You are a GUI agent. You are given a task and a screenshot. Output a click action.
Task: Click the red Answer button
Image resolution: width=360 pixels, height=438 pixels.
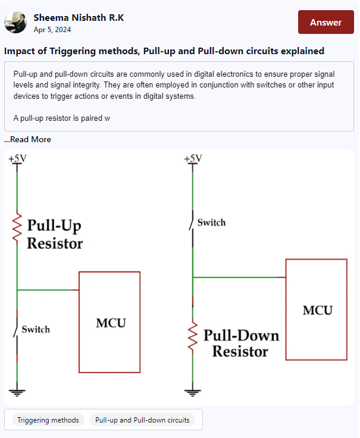(325, 23)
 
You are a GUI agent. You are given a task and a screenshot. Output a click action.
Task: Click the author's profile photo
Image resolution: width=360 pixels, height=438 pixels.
(15, 22)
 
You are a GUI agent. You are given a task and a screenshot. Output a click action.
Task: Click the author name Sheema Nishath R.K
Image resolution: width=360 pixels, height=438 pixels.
(79, 17)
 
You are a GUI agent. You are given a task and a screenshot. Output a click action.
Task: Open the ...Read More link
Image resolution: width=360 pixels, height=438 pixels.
(27, 139)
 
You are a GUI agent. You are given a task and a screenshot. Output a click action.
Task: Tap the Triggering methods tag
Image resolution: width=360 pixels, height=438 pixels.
(48, 420)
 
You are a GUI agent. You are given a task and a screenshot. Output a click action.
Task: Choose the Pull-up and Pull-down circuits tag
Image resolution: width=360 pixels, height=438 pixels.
(142, 420)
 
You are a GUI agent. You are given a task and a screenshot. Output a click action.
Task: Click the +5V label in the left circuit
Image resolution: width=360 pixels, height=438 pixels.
(17, 158)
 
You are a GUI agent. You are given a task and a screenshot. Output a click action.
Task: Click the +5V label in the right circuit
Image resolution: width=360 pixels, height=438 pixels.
(193, 158)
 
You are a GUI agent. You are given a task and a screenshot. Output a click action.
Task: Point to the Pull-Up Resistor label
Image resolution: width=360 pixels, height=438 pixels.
(55, 234)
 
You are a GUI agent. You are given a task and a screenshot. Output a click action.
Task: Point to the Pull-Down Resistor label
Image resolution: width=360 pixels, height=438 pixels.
(240, 343)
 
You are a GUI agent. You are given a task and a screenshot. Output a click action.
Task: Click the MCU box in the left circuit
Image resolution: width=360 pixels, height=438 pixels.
(110, 322)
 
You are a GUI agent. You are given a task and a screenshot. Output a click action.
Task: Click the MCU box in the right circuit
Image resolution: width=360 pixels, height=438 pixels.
(316, 309)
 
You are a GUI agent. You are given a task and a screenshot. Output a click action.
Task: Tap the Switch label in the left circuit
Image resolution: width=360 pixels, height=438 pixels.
(36, 330)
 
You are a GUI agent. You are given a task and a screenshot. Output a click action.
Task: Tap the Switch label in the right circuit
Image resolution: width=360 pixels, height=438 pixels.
(211, 223)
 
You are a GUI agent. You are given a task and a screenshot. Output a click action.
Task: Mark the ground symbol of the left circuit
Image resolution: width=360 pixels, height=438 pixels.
(17, 392)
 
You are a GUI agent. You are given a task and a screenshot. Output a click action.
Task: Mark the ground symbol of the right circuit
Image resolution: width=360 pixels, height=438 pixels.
(192, 392)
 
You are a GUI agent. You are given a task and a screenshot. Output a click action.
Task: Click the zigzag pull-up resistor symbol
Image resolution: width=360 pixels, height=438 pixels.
(17, 226)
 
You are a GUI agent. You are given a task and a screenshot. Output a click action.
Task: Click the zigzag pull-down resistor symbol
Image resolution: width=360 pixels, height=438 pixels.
(192, 336)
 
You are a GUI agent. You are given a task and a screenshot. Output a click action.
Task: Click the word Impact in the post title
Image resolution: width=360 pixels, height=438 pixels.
(20, 51)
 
